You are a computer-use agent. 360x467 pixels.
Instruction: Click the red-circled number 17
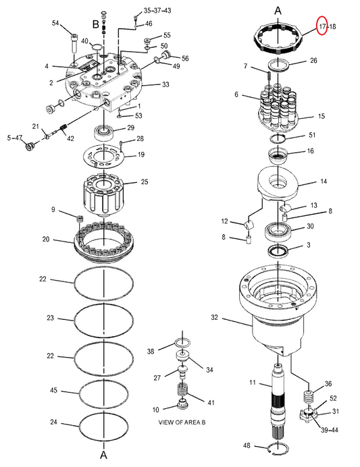point(322,26)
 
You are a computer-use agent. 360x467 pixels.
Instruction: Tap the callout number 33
point(165,84)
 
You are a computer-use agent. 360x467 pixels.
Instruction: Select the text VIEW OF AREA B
point(182,422)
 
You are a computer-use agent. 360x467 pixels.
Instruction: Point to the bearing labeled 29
point(103,132)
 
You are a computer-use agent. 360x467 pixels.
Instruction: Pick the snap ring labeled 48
point(279,449)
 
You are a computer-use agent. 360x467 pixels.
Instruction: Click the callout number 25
point(145,182)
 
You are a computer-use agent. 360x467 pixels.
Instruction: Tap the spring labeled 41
point(182,389)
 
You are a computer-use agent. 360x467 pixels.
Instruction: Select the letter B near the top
point(95,24)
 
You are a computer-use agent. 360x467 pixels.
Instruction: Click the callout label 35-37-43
point(157,10)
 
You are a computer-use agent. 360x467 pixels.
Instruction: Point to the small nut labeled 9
point(80,219)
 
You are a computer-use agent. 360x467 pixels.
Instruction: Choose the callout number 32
point(215,317)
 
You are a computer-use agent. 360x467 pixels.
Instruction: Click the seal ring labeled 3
point(278,251)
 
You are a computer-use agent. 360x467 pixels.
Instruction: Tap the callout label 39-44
point(330,430)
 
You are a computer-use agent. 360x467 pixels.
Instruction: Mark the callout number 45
point(53,390)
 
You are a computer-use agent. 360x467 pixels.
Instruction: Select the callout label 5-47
point(15,138)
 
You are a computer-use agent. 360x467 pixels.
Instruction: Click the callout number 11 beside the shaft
point(253,382)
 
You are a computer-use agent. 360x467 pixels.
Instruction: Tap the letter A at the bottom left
point(103,456)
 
